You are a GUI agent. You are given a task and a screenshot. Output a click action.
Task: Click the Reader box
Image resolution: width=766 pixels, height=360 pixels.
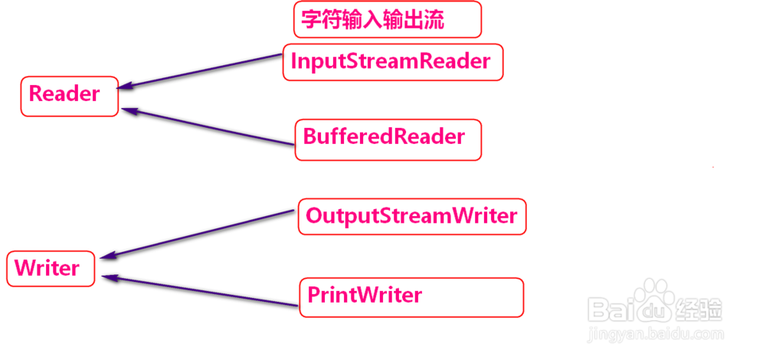coord(70,96)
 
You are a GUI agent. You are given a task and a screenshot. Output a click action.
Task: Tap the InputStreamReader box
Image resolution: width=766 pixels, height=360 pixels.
coord(393,62)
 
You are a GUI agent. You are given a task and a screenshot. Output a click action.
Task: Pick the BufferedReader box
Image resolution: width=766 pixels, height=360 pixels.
coord(388,139)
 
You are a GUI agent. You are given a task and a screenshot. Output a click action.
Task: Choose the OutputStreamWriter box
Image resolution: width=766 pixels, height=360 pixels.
coord(412,217)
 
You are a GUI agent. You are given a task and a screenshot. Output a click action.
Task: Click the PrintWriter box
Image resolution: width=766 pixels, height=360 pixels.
coord(411,296)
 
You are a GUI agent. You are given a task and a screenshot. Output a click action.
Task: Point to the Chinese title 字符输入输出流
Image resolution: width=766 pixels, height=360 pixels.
coord(387,20)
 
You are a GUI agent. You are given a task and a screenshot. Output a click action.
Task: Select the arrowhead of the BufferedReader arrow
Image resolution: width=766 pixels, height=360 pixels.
coord(127,110)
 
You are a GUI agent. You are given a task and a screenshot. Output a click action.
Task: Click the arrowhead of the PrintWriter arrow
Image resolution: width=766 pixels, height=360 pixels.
coord(108,278)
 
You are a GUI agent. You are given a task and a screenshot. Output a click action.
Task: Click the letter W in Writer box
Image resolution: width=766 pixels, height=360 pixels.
coord(24,269)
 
